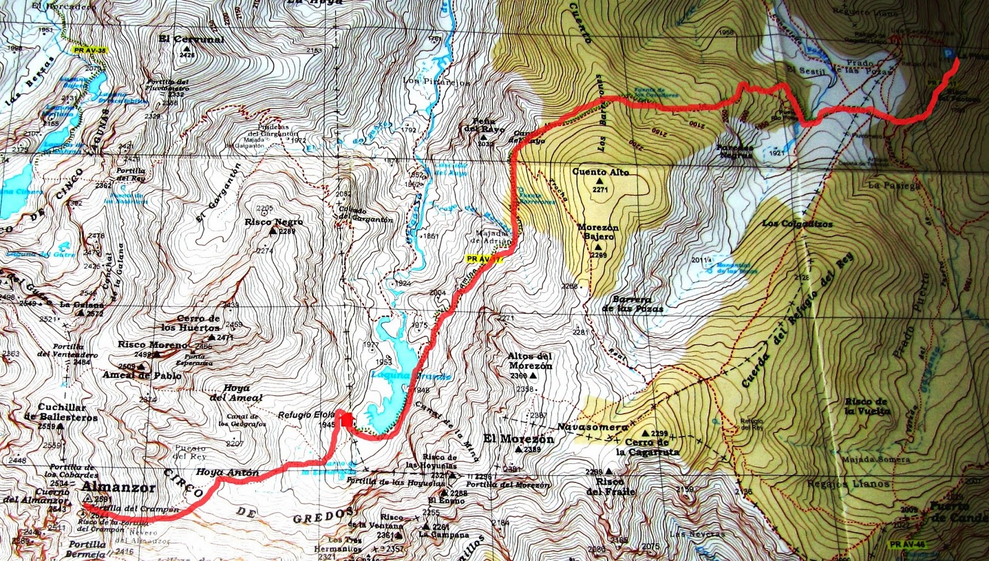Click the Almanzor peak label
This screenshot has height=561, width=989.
pyautogui.click(x=117, y=487)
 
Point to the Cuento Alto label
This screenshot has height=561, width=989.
pyautogui.click(x=600, y=172)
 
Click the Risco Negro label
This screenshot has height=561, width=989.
pyautogui.click(x=273, y=222)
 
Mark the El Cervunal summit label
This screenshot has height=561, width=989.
pyautogui.click(x=191, y=39)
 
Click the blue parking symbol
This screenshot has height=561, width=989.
pyautogui.click(x=948, y=55)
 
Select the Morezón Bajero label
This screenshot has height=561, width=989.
pyautogui.click(x=598, y=232)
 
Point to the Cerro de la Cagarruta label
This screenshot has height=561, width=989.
pyautogui.click(x=647, y=447)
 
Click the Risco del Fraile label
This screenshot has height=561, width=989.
pyautogui.click(x=610, y=486)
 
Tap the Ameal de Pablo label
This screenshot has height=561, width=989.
pyautogui.click(x=142, y=376)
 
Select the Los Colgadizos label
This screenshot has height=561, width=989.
pyautogui.click(x=797, y=224)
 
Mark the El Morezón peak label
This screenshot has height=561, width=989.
pyautogui.click(x=518, y=439)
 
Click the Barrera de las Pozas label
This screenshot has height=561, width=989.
pyautogui.click(x=632, y=304)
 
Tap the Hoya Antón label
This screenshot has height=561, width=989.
pyautogui.click(x=227, y=473)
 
